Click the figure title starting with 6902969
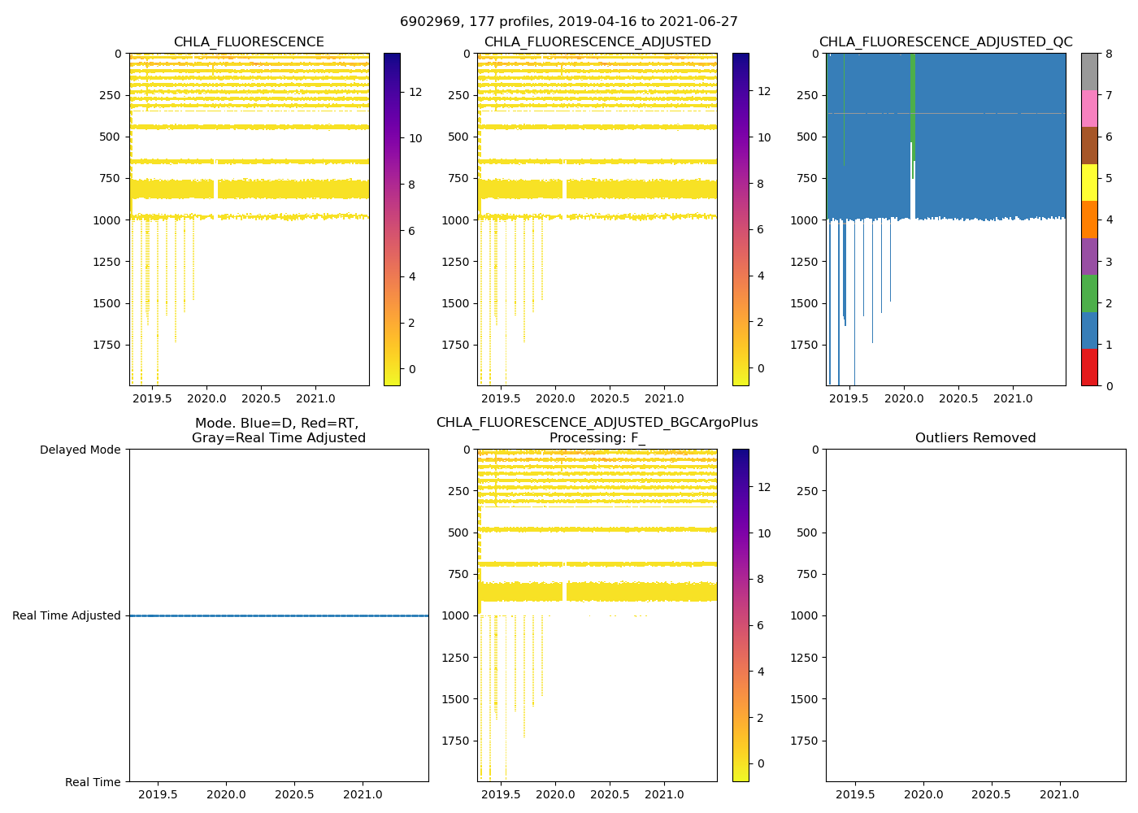click(x=568, y=22)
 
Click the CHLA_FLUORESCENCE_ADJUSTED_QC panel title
click(x=945, y=42)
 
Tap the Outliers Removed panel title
click(x=975, y=438)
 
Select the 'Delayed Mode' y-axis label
click(x=80, y=450)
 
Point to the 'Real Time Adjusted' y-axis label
click(x=67, y=616)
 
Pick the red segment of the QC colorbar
click(x=1089, y=367)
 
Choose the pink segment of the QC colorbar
click(x=1089, y=108)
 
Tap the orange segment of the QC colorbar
click(x=1089, y=220)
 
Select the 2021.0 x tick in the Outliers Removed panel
click(x=1059, y=794)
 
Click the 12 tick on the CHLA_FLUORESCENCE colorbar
click(x=415, y=92)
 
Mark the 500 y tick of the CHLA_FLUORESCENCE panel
click(x=111, y=137)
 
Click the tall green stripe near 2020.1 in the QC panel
click(x=913, y=98)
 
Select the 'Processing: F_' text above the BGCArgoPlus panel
click(x=597, y=438)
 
